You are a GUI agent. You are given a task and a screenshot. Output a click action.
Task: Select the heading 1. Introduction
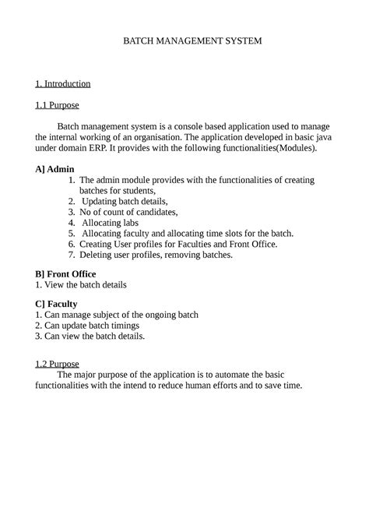(63, 83)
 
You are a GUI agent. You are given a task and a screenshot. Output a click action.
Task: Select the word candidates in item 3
(155, 211)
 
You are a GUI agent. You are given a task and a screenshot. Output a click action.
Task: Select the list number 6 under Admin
(71, 244)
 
